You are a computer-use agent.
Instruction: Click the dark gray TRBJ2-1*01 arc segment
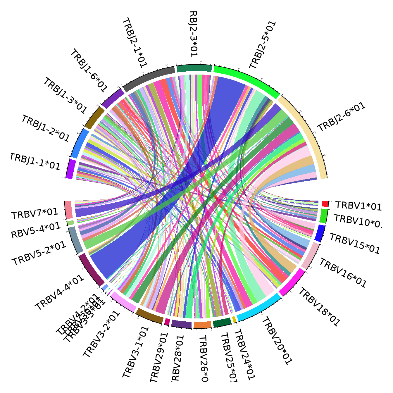click(x=149, y=79)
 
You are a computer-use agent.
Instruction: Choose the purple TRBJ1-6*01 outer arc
click(x=113, y=98)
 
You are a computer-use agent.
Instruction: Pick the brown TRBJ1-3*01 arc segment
click(x=94, y=117)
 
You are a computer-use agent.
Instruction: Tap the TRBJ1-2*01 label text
click(x=46, y=128)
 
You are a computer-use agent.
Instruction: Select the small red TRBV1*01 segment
click(x=325, y=204)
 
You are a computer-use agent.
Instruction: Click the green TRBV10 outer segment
click(x=324, y=216)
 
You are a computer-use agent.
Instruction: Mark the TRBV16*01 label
click(x=342, y=273)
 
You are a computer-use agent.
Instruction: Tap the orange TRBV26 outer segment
click(x=202, y=325)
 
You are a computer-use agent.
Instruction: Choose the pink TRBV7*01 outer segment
click(x=68, y=210)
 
